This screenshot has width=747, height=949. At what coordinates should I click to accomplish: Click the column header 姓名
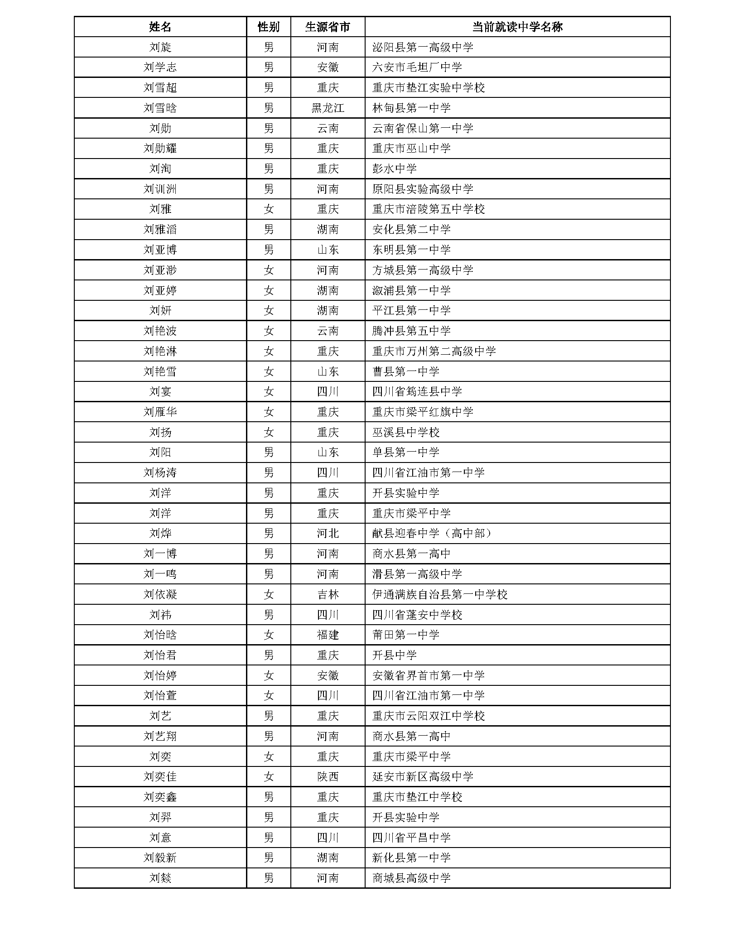coord(160,27)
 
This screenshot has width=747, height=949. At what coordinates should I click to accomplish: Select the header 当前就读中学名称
coord(517,27)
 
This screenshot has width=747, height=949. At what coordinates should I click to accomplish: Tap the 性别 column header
coord(268,27)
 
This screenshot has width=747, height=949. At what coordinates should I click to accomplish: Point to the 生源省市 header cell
coord(328,27)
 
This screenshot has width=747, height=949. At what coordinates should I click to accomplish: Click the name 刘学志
coord(160,67)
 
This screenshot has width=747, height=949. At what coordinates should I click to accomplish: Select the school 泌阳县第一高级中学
coord(422,47)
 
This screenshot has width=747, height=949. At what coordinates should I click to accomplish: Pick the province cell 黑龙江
coord(328,108)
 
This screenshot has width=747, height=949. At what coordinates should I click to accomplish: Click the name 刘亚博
coord(160,250)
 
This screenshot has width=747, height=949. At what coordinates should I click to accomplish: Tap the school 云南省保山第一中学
coord(422,128)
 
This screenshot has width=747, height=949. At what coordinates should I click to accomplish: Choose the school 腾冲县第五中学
coord(411,331)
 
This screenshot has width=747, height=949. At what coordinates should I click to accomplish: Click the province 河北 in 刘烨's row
coord(328,533)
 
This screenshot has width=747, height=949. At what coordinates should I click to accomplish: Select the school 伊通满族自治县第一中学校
coord(439,594)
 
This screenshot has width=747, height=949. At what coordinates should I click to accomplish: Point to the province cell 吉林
coord(328,594)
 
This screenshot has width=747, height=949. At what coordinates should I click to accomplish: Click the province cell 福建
coord(328,635)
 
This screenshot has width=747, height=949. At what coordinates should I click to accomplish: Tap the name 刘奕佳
coord(160,776)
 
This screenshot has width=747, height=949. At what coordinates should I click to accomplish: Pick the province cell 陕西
coord(328,776)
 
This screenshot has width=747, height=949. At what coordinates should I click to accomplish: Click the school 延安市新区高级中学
coord(422,776)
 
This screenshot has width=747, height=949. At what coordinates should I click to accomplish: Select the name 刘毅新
coord(160,857)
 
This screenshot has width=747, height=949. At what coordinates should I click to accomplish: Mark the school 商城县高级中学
coord(411,878)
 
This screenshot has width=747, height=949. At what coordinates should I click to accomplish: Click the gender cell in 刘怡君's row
coord(268,655)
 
